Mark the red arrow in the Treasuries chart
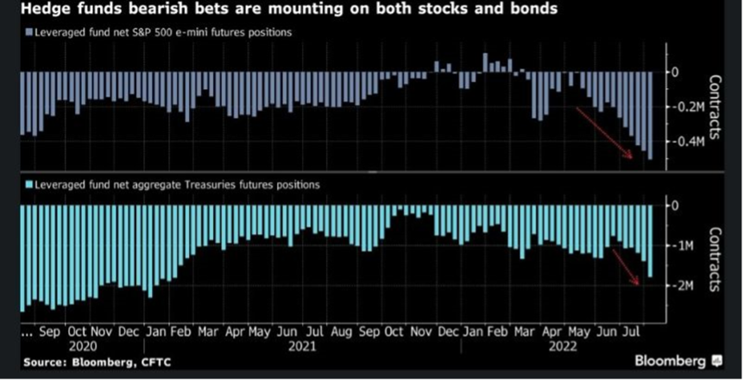click(x=625, y=264)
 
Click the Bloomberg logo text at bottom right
click(x=671, y=359)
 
